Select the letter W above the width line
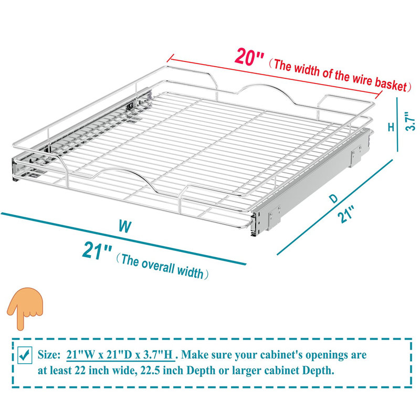124,227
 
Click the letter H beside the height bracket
391,127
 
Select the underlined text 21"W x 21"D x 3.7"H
121,355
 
